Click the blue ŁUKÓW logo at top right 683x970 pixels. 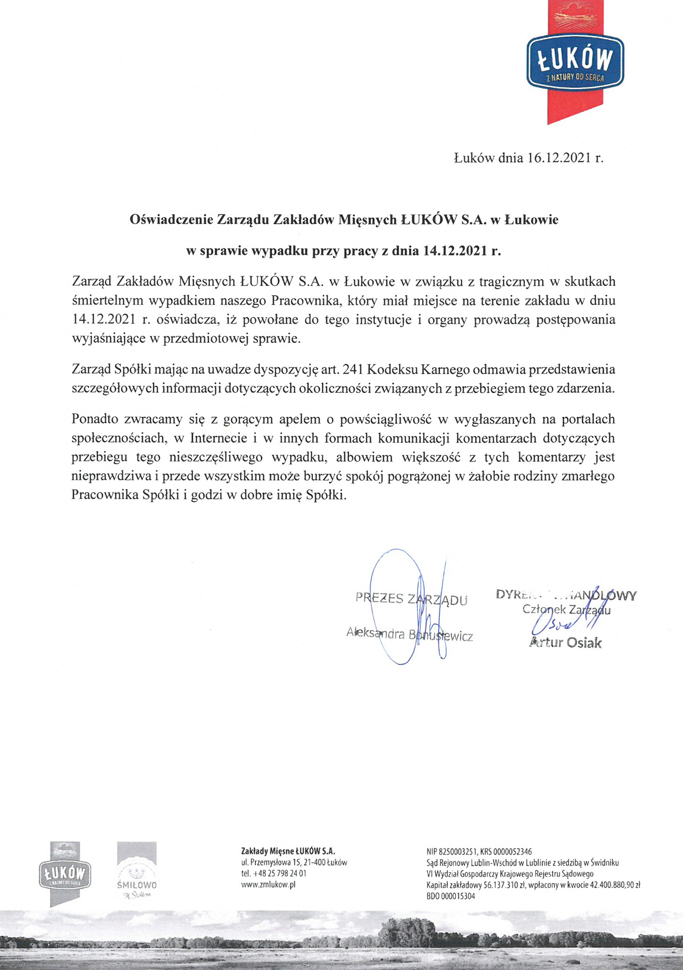pos(575,62)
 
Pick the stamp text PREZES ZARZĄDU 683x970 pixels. pos(411,599)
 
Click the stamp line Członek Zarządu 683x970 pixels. pos(566,610)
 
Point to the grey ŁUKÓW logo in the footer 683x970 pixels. pos(65,873)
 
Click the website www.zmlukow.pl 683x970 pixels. pos(268,885)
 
